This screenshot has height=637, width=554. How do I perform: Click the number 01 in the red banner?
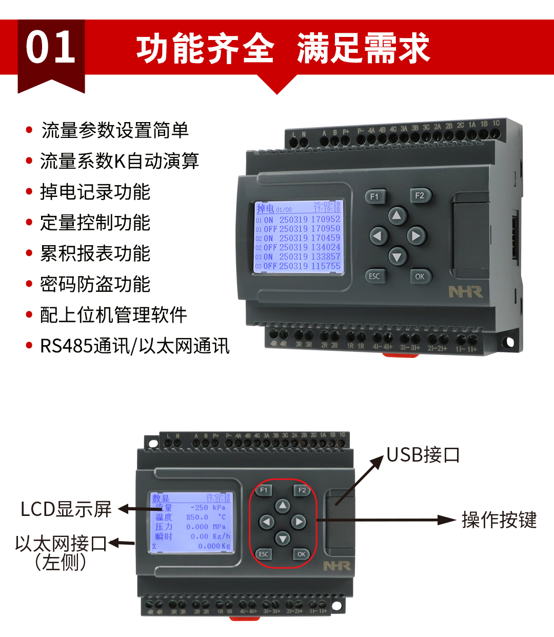pos(51,47)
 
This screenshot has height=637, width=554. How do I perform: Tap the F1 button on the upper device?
pos(374,196)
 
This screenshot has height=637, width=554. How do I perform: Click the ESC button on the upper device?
pos(374,276)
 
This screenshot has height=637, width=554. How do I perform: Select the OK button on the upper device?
pos(420,276)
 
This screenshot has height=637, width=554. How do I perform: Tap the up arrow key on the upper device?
pos(397,216)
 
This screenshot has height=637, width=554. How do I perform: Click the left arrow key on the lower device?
pos(266,522)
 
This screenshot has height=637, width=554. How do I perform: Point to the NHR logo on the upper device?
pos(465,292)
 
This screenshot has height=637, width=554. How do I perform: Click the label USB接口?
pos(423,455)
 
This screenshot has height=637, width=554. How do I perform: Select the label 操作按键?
pos(499,520)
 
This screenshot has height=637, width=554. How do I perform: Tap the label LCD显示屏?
pos(66,509)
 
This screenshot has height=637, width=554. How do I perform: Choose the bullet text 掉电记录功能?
pos(95,192)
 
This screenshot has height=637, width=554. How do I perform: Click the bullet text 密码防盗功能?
pos(95,284)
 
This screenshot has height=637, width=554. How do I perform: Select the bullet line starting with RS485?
pos(134,346)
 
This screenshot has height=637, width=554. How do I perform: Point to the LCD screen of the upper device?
pos(299,237)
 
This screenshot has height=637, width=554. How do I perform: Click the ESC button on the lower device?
pos(263,554)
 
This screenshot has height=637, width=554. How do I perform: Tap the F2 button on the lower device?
pos(302,490)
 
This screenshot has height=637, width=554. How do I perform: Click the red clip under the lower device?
pos(245,618)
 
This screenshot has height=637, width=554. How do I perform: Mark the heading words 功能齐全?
pos(205,48)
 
